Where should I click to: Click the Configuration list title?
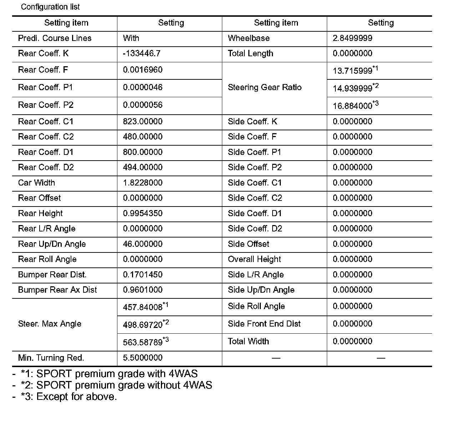point(50,7)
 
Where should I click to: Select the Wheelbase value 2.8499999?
point(353,38)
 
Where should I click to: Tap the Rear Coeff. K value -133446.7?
point(142,53)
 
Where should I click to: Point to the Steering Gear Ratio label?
point(264,87)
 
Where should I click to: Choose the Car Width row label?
point(36,183)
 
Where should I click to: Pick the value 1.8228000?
point(143,183)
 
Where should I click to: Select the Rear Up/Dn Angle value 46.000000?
point(143,244)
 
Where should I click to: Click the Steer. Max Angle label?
point(50,324)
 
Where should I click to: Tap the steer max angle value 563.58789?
point(143,342)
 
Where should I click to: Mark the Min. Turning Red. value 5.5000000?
point(143,358)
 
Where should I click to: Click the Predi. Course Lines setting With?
point(131,38)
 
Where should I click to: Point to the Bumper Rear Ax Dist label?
point(57,290)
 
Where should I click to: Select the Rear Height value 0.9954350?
point(143,213)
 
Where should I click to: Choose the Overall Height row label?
point(254,259)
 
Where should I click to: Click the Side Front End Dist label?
point(264,324)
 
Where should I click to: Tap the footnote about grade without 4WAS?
point(116,385)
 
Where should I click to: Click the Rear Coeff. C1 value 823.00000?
point(143,121)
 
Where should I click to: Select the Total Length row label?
point(250,53)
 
